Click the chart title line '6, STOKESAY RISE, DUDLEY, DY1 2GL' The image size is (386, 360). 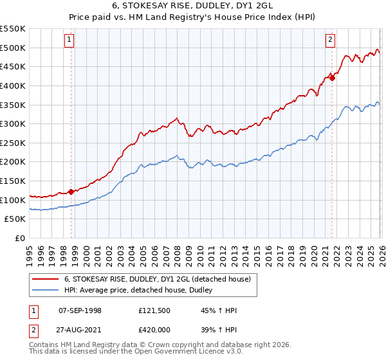pos(192,6)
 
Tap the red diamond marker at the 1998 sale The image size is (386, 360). pos(71,191)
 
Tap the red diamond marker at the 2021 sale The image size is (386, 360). pos(333,77)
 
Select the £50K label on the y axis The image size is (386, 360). pos(15,219)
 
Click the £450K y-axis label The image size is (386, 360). pos(13,66)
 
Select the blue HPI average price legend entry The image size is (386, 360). pos(142,291)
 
